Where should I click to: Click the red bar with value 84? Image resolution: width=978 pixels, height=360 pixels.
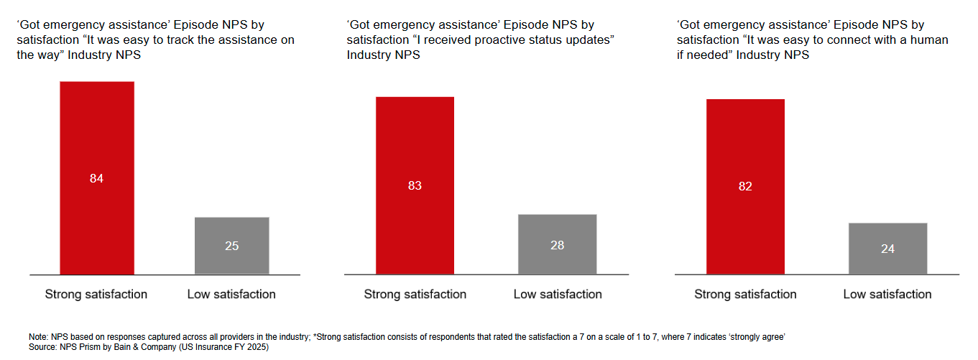click(97, 144)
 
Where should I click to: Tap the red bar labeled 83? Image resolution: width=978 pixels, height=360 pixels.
click(415, 151)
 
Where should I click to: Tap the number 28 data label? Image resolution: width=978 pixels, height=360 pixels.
click(557, 245)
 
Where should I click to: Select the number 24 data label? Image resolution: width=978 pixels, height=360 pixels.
click(887, 249)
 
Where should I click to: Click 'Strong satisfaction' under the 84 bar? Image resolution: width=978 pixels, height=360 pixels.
click(96, 294)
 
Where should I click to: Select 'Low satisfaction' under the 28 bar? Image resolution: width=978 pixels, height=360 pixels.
click(558, 294)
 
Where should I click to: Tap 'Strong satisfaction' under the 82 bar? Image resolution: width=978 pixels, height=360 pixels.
click(745, 294)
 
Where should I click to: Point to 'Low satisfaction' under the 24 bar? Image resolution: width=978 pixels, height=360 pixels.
click(887, 294)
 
